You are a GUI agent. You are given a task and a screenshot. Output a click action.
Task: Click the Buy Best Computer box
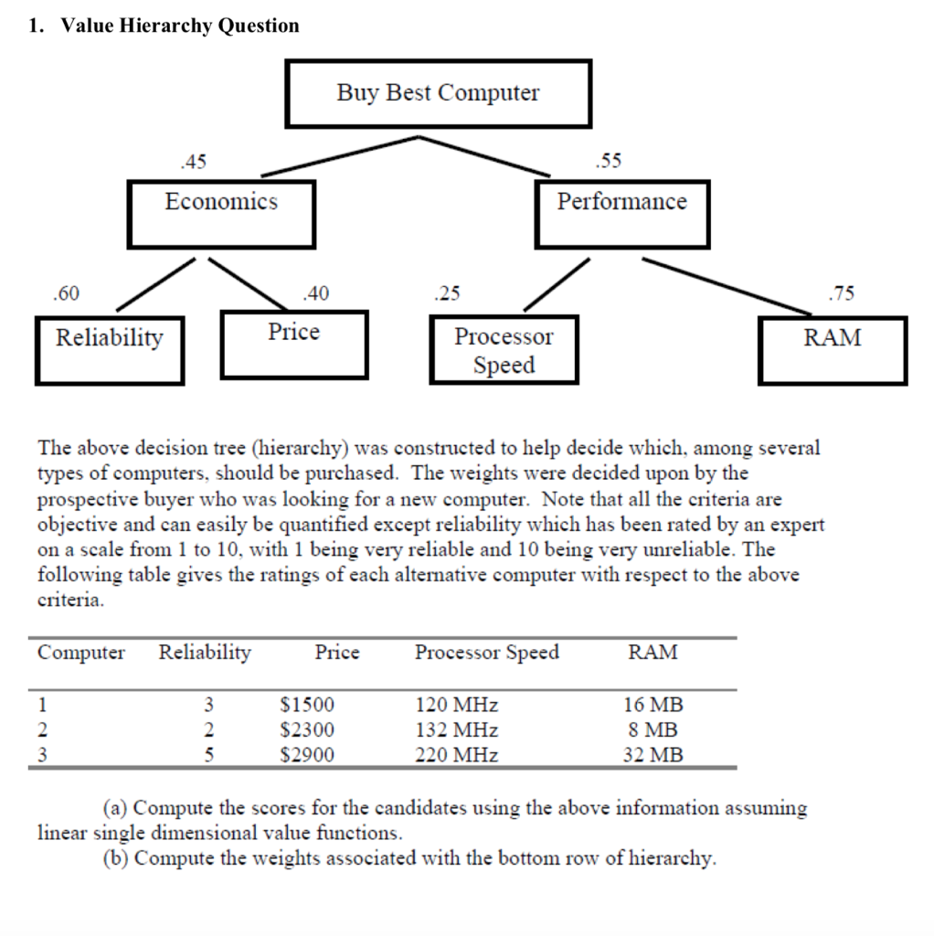pos(438,93)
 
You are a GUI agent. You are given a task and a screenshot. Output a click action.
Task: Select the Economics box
pos(221,214)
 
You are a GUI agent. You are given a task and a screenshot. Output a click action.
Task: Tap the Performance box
pos(621,214)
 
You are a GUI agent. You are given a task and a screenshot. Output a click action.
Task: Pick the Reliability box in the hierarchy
pos(110,350)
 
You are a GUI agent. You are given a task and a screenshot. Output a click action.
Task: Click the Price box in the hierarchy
pos(293,344)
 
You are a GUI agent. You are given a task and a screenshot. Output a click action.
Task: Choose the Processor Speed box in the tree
pos(504,350)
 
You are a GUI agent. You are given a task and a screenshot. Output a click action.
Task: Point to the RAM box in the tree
pos(832,350)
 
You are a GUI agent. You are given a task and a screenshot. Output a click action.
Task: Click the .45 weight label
pos(194,162)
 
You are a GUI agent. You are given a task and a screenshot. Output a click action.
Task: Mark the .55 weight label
pos(607,162)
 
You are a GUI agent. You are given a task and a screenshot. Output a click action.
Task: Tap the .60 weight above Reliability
pos(66,293)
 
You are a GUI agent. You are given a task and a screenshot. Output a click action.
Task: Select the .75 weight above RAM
pos(841,293)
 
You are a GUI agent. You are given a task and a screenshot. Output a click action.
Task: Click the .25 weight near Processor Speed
pos(447,293)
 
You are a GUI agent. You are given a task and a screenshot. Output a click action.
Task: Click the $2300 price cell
pos(307,730)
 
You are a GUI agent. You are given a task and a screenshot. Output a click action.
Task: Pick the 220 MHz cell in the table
pos(457,755)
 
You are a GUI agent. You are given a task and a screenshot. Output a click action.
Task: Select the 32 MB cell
pos(653,755)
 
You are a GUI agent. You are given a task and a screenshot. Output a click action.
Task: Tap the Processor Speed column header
pos(486,653)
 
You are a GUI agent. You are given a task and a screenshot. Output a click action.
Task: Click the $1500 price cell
pos(307,705)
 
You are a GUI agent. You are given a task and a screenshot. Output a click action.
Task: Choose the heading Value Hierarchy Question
pos(180,26)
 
